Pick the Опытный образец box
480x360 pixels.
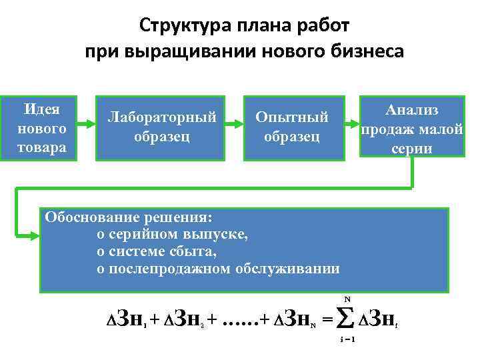click(293, 127)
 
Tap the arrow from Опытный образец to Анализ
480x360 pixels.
click(351, 123)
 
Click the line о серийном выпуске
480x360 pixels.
click(173, 234)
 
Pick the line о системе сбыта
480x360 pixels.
click(157, 251)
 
